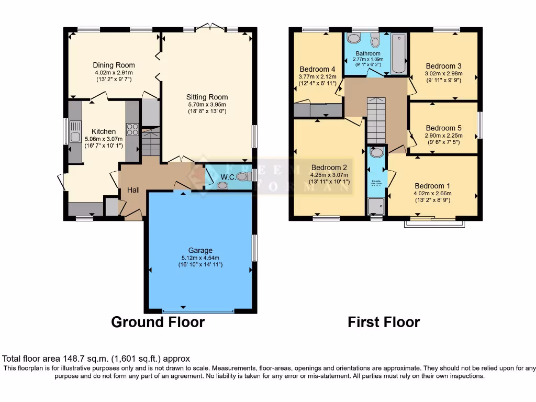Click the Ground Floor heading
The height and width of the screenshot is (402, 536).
coord(158,322)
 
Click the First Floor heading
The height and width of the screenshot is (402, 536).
coord(384,322)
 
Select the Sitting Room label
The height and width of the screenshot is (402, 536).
coord(207,97)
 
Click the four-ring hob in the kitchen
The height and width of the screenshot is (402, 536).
coord(132,129)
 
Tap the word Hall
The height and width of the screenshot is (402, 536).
coord(133,190)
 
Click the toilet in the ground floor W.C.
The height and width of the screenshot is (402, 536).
coord(242,177)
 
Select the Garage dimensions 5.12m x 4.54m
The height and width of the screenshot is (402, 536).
coord(200,258)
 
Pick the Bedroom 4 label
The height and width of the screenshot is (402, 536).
coord(317,69)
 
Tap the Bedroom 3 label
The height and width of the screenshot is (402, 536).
coord(443,66)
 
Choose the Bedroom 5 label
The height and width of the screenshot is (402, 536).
coord(443,128)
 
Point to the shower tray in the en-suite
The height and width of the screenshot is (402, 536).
coord(376,207)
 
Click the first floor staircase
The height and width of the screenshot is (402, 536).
coord(376,120)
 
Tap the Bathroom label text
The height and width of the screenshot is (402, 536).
coord(368,53)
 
